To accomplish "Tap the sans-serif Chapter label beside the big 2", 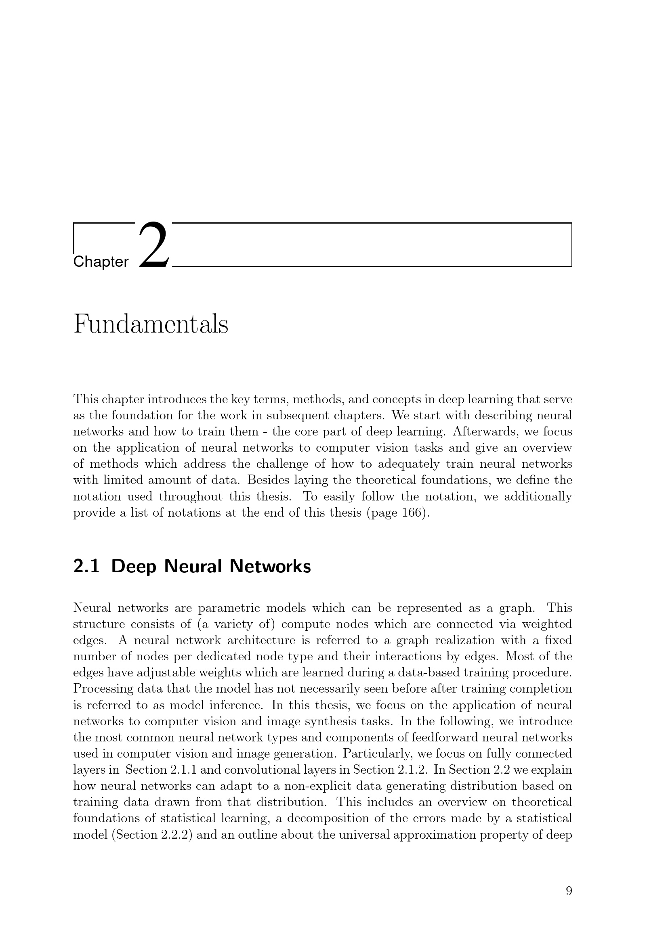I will click(101, 262).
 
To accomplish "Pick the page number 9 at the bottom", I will click(569, 891).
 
